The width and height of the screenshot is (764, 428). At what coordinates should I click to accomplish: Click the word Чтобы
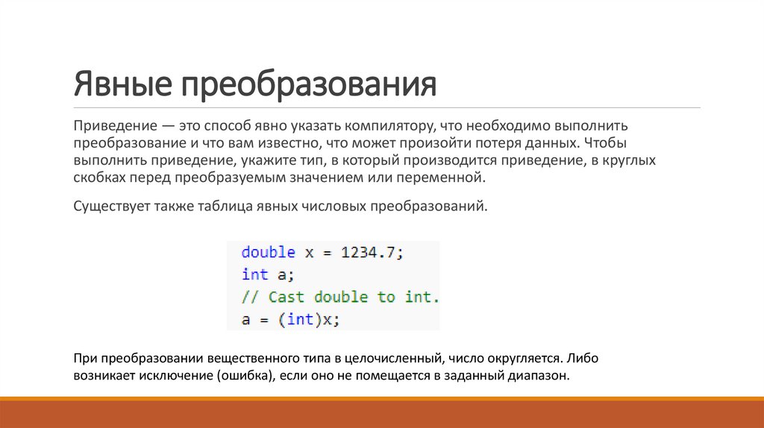tap(606, 142)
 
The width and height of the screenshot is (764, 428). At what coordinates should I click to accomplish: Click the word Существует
tap(110, 207)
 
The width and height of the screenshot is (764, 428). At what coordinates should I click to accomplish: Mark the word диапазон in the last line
tap(540, 377)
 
